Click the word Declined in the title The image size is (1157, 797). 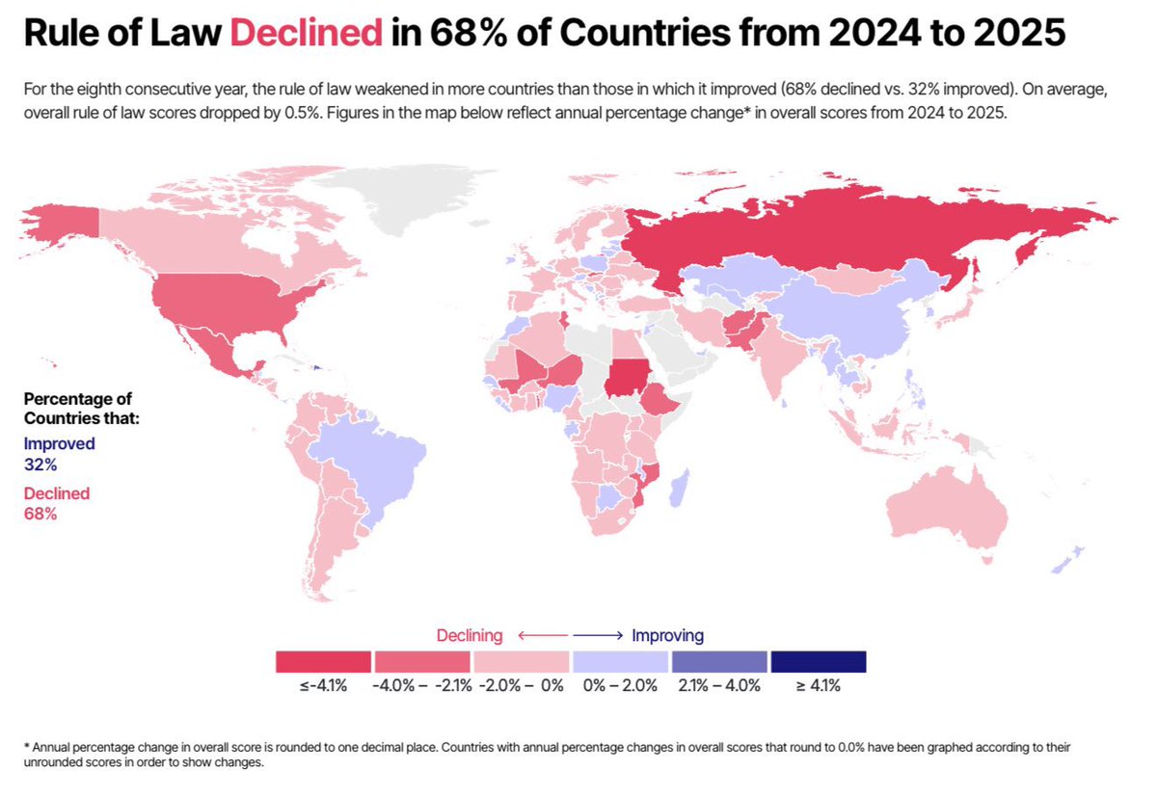pyautogui.click(x=306, y=36)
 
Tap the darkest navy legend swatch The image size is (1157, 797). pyautogui.click(x=819, y=661)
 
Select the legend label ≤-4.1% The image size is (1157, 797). pyautogui.click(x=323, y=687)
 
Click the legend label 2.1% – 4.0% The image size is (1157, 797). pyautogui.click(x=719, y=687)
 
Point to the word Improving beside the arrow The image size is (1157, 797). pyautogui.click(x=667, y=636)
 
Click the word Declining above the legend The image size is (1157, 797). pyautogui.click(x=470, y=636)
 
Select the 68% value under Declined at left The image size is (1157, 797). pyautogui.click(x=40, y=514)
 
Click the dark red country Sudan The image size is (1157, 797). pyautogui.click(x=627, y=375)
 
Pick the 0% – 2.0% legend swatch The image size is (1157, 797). pyautogui.click(x=620, y=661)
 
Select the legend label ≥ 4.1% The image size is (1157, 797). pyautogui.click(x=819, y=687)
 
